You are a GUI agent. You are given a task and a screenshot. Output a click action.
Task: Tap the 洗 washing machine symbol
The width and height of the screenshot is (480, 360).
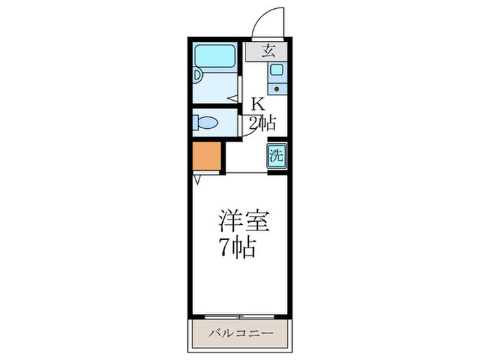(276, 155)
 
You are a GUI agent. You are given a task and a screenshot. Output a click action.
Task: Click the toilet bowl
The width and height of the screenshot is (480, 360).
(207, 123)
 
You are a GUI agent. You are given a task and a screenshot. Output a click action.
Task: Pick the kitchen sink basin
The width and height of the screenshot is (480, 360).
(276, 69)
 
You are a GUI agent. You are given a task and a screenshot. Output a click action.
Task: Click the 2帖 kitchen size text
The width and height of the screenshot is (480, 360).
(262, 123)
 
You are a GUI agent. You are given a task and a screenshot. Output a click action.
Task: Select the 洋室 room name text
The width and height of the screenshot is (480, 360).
(243, 221)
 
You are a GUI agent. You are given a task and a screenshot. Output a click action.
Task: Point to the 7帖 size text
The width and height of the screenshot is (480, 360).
(237, 245)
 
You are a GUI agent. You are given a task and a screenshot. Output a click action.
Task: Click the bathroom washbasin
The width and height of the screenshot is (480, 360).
(197, 77)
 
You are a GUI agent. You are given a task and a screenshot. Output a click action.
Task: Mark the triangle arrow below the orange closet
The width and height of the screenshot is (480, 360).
(197, 180)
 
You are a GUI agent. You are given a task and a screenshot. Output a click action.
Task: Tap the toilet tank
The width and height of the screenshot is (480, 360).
(196, 123)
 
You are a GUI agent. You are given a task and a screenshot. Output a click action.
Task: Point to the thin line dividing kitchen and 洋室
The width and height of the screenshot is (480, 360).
(247, 173)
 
